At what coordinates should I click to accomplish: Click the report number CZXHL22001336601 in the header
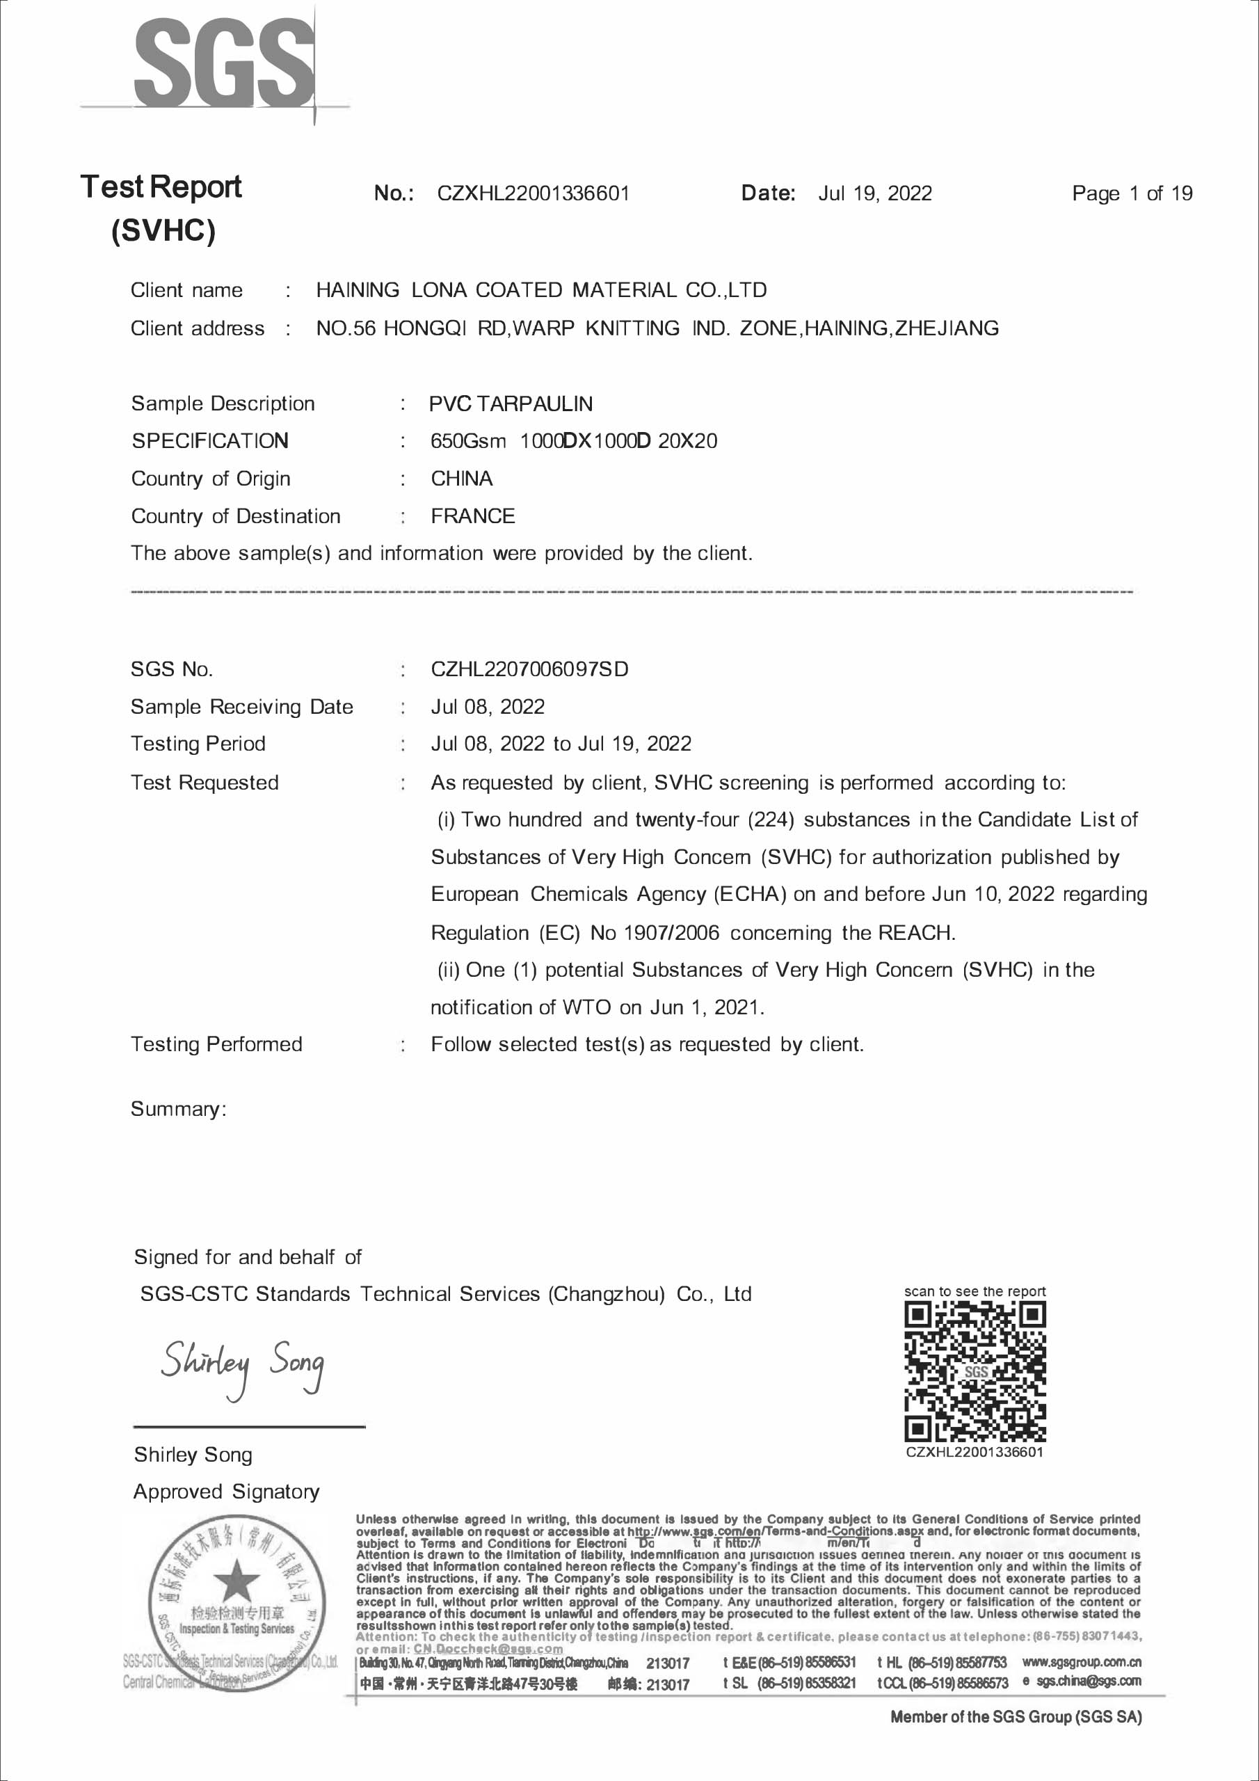pos(533,193)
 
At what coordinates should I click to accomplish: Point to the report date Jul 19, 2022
pos(874,193)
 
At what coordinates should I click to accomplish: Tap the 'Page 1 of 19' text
pos(1131,193)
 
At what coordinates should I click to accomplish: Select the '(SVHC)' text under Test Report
pos(163,230)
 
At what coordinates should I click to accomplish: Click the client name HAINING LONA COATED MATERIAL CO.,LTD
pos(540,290)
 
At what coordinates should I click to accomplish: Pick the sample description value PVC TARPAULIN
pos(511,404)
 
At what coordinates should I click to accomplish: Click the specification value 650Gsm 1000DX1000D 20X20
pos(573,440)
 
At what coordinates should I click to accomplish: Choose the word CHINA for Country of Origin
pos(462,479)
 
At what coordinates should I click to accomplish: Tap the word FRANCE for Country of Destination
pos(472,516)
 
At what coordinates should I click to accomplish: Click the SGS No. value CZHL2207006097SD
pos(529,669)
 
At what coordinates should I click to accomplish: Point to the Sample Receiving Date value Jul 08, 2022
pos(487,707)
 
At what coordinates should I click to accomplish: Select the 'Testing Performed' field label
pos(216,1044)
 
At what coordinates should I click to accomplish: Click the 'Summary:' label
pos(177,1108)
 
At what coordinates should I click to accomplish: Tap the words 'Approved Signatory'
pos(226,1491)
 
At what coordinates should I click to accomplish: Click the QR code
pos(975,1371)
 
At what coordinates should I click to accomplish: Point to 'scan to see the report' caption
pos(975,1291)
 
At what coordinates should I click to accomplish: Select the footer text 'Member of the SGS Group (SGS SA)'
pos(1016,1716)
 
